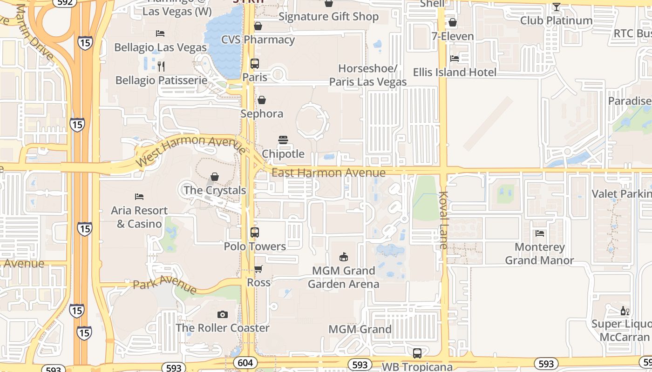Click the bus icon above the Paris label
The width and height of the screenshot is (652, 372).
(255, 64)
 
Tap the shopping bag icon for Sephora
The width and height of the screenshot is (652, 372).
(262, 100)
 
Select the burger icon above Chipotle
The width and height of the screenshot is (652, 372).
(283, 140)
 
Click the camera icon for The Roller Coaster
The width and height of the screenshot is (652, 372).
(223, 315)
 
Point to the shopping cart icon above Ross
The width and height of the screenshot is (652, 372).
(258, 269)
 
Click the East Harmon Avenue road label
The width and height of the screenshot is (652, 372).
(328, 173)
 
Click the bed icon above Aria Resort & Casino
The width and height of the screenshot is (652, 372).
(139, 197)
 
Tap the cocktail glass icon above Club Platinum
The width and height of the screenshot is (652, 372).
(556, 7)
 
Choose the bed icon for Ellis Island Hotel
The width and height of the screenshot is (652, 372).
(455, 59)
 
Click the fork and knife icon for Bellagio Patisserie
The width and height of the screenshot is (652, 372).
(161, 66)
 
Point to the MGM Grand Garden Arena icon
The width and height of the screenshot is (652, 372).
(344, 257)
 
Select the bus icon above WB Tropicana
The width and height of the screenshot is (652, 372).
(417, 353)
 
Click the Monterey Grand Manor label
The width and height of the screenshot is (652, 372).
(539, 254)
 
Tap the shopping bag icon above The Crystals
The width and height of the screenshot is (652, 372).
(215, 177)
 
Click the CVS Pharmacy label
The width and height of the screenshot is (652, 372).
(258, 40)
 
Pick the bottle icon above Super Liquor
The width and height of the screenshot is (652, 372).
(625, 311)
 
